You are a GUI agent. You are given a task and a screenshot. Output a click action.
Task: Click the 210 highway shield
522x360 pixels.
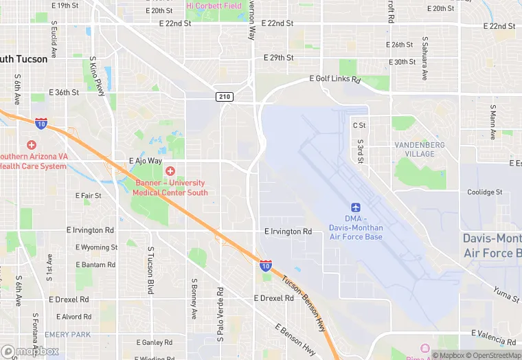click(224, 96)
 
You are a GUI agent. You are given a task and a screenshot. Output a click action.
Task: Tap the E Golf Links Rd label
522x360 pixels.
click(335, 80)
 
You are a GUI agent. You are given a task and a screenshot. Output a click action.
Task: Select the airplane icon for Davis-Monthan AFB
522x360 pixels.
click(356, 207)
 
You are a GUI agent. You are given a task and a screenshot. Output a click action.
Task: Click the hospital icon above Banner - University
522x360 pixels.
click(170, 170)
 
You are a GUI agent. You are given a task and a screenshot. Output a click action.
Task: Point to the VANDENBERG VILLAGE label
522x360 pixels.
click(419, 149)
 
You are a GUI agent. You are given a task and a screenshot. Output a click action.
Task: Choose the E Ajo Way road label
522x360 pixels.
click(145, 161)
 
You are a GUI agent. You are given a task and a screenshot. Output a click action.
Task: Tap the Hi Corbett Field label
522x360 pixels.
click(214, 5)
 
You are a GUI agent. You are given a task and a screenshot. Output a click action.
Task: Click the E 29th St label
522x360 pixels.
click(279, 58)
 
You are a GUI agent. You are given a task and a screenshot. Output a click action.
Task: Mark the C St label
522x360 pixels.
click(359, 126)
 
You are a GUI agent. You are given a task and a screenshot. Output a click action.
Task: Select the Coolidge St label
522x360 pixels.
click(485, 192)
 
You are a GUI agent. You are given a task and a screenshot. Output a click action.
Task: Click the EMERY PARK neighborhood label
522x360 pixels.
click(67, 335)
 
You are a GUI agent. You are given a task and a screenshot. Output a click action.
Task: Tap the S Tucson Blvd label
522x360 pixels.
click(150, 272)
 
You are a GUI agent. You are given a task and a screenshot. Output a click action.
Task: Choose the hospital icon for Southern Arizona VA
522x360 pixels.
click(31, 145)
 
